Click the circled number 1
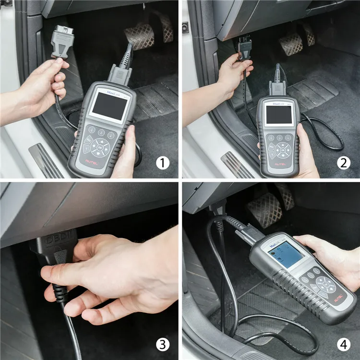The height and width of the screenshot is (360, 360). point(163,163)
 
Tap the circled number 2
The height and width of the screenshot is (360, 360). point(342,163)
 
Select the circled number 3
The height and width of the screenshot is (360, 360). point(163,344)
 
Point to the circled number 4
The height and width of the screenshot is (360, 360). point(342,344)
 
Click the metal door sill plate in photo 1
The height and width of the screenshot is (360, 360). point(46,160)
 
